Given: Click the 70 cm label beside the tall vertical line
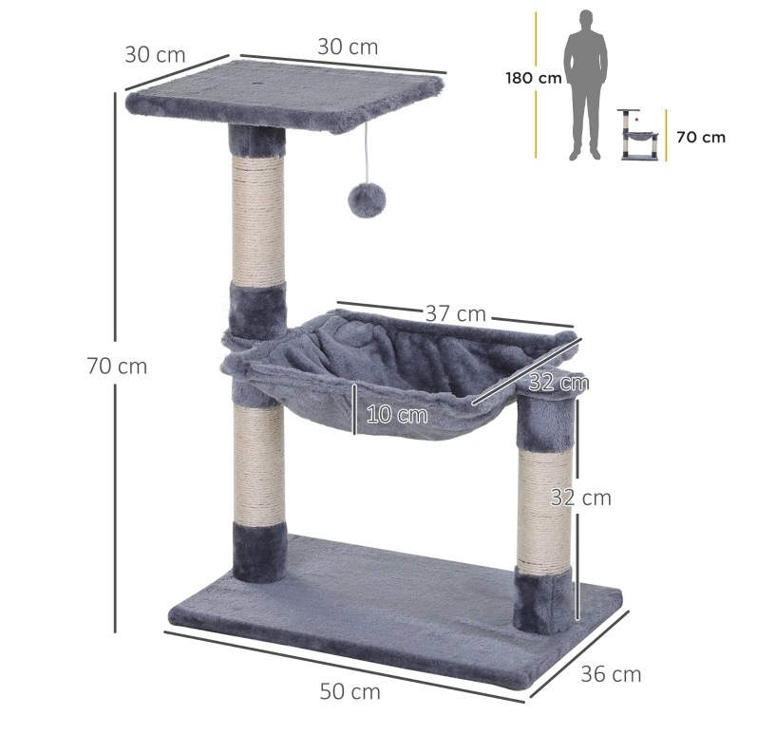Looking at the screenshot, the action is (118, 366).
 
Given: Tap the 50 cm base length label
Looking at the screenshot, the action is (350, 691).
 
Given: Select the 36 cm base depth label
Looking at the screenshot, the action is (611, 674).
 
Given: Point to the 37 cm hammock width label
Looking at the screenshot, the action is (455, 313).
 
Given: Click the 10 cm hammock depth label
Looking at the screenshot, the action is (397, 415).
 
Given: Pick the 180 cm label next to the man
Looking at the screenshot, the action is (534, 78).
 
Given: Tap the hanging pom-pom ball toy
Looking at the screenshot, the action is (367, 199).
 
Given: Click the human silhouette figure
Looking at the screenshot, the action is (586, 85).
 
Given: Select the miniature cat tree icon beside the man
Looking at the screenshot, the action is (637, 134).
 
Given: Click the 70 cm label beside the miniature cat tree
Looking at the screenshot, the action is (701, 137).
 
